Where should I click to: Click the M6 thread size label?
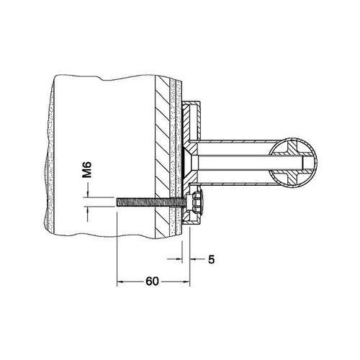86,169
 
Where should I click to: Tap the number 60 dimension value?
152,282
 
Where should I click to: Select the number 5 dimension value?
211,259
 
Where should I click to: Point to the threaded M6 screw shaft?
151,202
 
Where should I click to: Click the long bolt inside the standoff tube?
250,161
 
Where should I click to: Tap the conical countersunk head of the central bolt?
189,161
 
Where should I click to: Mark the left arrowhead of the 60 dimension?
120,282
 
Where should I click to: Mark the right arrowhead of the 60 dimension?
187,282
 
